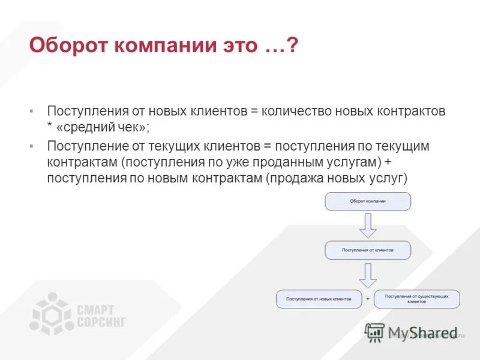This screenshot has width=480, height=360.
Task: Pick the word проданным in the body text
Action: (x=274, y=163)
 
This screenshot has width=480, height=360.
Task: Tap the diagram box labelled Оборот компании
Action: (x=368, y=202)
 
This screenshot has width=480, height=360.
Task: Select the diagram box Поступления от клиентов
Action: (x=368, y=250)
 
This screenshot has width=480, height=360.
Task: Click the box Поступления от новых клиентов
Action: (x=319, y=299)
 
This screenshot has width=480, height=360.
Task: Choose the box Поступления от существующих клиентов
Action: (x=416, y=299)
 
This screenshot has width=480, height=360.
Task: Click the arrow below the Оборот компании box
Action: (x=368, y=225)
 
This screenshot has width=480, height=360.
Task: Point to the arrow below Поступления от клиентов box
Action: (x=368, y=274)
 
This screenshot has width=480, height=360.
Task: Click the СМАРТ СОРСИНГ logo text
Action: (x=101, y=316)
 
